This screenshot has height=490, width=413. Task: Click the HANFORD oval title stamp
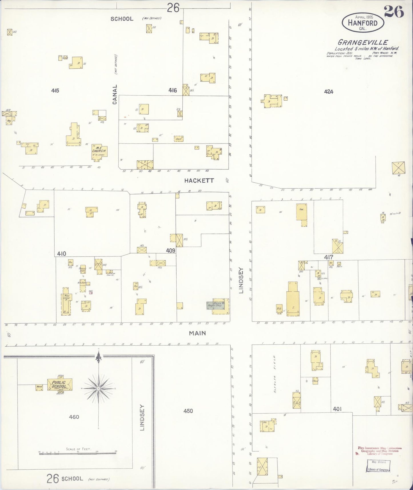pos(363,22)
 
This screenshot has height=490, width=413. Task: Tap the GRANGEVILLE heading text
pos(363,43)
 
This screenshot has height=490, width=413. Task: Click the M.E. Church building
pos(99,151)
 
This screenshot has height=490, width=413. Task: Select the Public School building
pos(60,385)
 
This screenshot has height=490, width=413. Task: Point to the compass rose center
pos(98,389)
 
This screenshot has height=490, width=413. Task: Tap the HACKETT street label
pos(199,181)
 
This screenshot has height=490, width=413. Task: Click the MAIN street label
pos(197,333)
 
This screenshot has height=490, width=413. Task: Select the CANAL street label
pos(115,94)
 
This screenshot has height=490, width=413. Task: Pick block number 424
pos(329,92)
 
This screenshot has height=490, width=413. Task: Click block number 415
pos(55,91)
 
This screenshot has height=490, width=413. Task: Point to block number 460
pos(74,417)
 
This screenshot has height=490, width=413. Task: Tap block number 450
pos(188,411)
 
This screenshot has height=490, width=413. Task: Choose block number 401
pos(337,409)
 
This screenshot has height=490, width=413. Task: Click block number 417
pos(329,257)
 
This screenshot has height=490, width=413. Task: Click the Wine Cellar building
pos(66,301)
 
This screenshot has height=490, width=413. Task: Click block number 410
pos(61,254)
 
